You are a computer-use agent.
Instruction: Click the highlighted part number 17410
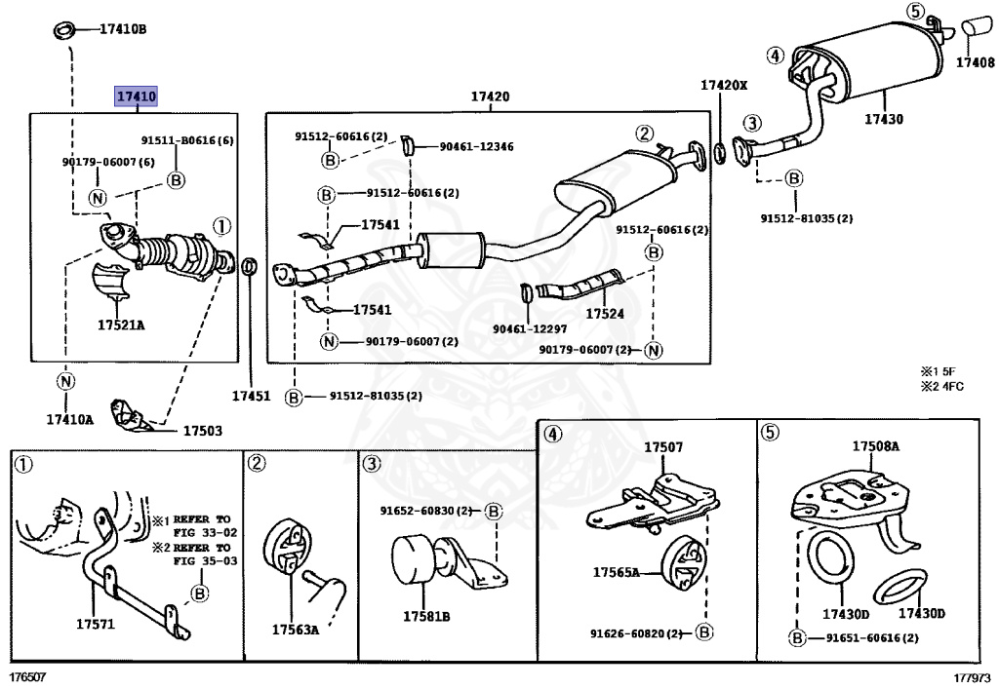pyautogui.click(x=136, y=96)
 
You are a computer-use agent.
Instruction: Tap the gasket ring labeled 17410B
pyautogui.click(x=63, y=29)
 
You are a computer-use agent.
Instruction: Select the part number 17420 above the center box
pyautogui.click(x=490, y=96)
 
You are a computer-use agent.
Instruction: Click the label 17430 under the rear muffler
pyautogui.click(x=884, y=119)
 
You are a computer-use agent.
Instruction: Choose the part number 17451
pyautogui.click(x=251, y=396)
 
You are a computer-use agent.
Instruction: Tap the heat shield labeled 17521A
pyautogui.click(x=109, y=285)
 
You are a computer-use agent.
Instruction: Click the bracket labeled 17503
pyautogui.click(x=132, y=415)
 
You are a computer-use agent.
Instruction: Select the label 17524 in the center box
pyautogui.click(x=605, y=314)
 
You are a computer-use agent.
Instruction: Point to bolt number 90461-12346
pyautogui.click(x=476, y=146)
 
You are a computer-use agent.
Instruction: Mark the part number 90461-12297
pyautogui.click(x=530, y=329)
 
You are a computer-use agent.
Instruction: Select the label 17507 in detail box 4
pyautogui.click(x=663, y=447)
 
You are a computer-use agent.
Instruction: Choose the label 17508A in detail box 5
pyautogui.click(x=876, y=446)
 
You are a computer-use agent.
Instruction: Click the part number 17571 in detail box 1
pyautogui.click(x=96, y=624)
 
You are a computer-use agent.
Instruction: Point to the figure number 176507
pyautogui.click(x=28, y=677)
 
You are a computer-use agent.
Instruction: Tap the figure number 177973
pyautogui.click(x=972, y=677)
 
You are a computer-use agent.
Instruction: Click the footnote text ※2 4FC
pyautogui.click(x=942, y=386)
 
